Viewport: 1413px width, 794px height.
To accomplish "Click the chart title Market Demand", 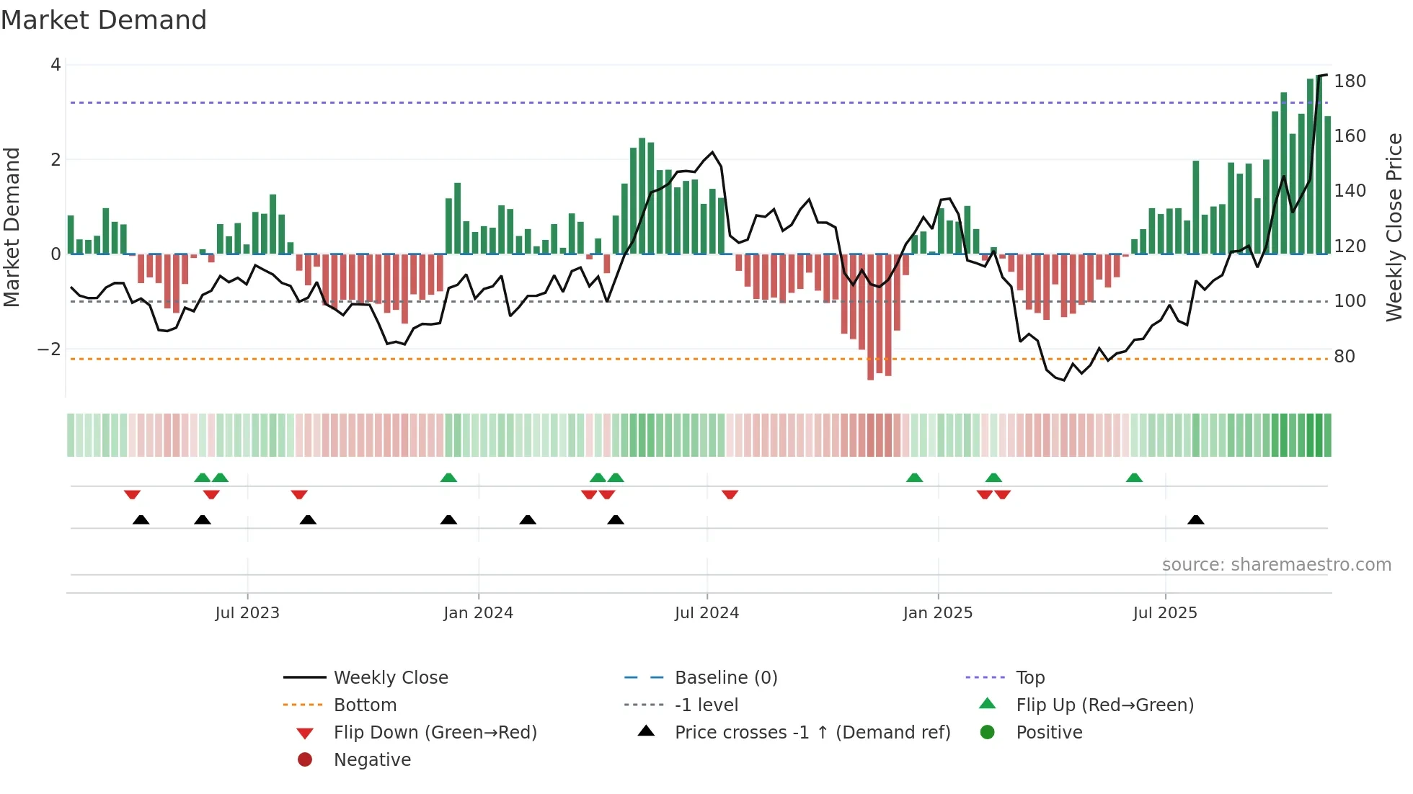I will pyautogui.click(x=104, y=20).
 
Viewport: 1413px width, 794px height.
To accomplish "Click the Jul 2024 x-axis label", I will pyautogui.click(x=706, y=613).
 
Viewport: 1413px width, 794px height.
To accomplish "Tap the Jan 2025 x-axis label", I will pyautogui.click(x=937, y=613).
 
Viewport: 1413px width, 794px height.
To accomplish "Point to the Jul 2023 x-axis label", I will pyautogui.click(x=247, y=613).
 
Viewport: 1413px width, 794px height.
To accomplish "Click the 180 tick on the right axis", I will pyautogui.click(x=1350, y=81).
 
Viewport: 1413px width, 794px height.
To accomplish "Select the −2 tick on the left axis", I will pyautogui.click(x=49, y=349).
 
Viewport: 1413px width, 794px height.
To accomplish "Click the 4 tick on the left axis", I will pyautogui.click(x=56, y=65).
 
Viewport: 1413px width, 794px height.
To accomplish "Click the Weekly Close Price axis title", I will pyautogui.click(x=1394, y=227).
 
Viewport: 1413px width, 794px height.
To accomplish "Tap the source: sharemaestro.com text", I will pyautogui.click(x=1276, y=565).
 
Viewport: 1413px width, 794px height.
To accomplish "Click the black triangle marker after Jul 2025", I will pyautogui.click(x=1195, y=520).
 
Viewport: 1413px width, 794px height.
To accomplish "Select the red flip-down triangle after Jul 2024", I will pyautogui.click(x=730, y=495).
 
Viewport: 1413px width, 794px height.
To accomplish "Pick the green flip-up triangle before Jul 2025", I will pyautogui.click(x=1134, y=478).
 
